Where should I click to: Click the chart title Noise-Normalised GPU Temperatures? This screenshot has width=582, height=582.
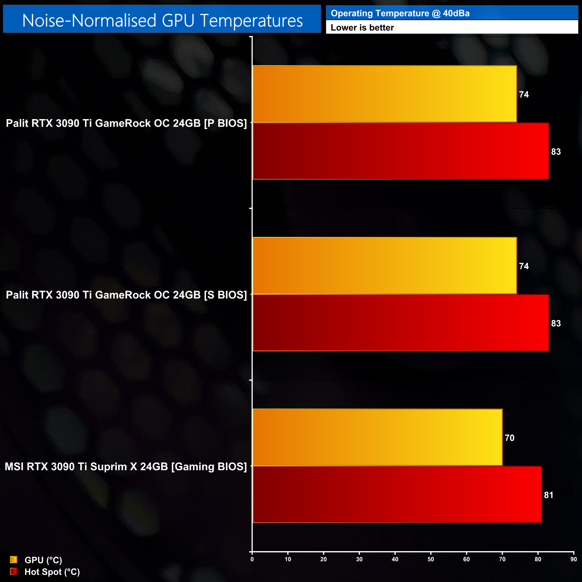tap(162, 21)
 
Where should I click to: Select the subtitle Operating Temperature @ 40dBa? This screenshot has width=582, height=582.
tap(400, 13)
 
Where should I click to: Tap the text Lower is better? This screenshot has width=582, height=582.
tap(362, 28)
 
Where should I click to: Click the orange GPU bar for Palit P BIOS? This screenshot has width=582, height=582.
tap(385, 94)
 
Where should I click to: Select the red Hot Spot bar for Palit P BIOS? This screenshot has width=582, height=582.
tap(401, 151)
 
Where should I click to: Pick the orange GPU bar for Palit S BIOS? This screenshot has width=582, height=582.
tap(385, 266)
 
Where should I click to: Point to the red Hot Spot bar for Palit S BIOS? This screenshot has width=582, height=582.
tap(401, 323)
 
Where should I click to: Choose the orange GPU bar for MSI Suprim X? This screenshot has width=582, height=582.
tap(377, 437)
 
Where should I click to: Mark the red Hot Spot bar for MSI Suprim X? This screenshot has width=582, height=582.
tap(397, 494)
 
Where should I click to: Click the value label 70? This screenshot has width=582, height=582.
tap(509, 438)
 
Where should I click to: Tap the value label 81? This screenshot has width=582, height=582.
tap(548, 495)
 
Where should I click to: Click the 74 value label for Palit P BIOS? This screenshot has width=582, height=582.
tap(524, 94)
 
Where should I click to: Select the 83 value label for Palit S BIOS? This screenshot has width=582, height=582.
tap(556, 323)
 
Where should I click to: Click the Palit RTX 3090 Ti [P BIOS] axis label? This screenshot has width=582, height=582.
tap(126, 123)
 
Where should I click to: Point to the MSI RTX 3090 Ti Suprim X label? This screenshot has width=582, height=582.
tap(126, 466)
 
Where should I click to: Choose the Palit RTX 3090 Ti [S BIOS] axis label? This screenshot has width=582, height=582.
tap(126, 295)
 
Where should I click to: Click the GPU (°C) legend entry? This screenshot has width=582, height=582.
tap(43, 560)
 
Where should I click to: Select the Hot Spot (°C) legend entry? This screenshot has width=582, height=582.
tap(52, 572)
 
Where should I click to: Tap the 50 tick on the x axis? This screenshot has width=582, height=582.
tap(431, 559)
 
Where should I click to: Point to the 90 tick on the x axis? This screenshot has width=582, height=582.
tap(573, 559)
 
